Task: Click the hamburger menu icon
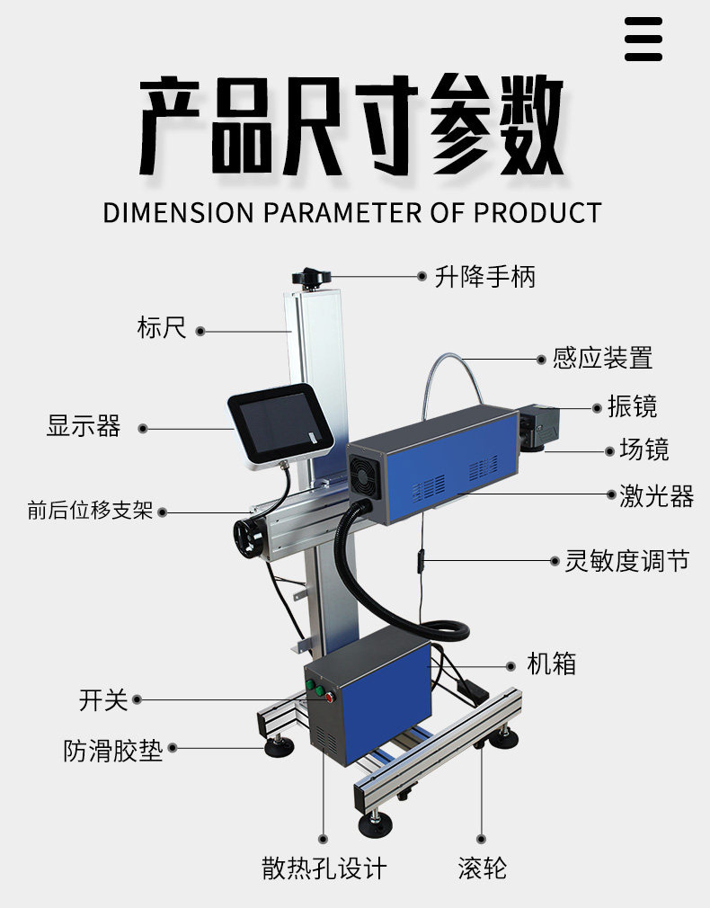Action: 643,40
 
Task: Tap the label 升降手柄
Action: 484,277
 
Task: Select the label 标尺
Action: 162,327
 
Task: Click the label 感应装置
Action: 602,359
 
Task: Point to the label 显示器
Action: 84,425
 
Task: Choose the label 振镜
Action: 632,406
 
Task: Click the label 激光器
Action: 656,495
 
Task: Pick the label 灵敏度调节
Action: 627,561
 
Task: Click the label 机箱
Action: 551,665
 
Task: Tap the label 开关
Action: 103,699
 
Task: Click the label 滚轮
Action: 482,868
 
